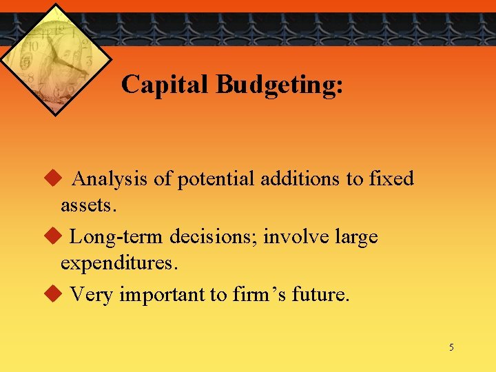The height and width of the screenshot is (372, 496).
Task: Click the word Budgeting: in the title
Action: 279,85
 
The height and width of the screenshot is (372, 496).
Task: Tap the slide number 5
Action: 451,347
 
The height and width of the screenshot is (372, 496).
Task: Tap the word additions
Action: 301,179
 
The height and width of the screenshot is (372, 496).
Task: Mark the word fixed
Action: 390,179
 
